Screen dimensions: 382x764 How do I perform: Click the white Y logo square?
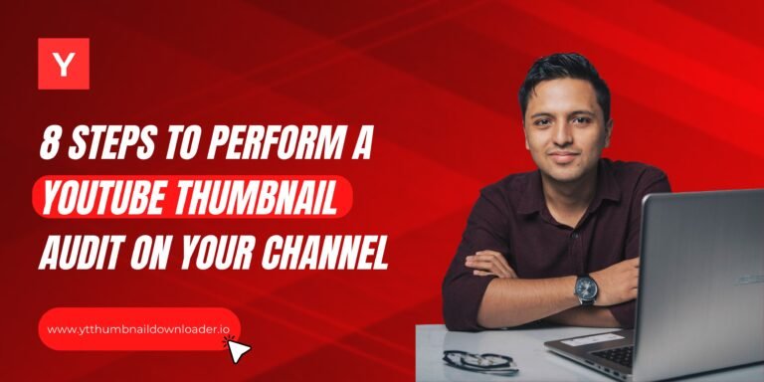[64, 64]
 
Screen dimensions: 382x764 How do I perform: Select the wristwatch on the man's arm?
[586, 288]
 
